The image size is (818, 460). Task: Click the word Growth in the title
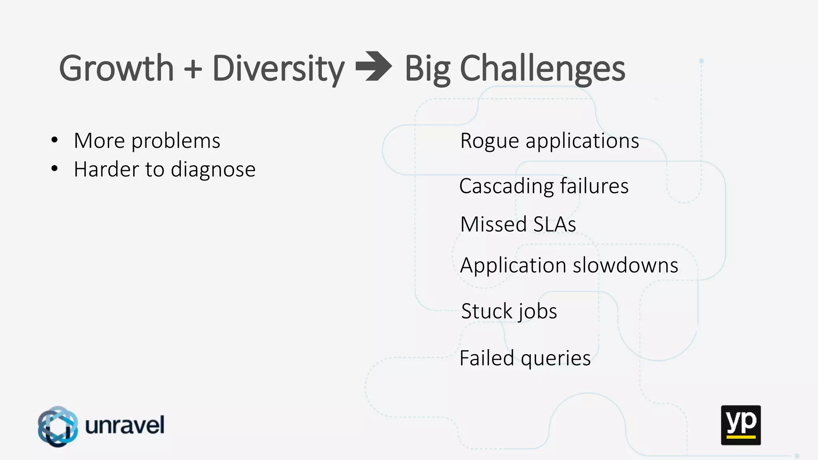click(x=116, y=69)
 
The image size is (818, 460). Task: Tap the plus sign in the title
click(x=193, y=69)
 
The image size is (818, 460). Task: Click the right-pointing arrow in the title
click(x=373, y=66)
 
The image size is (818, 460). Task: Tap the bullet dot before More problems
click(x=55, y=141)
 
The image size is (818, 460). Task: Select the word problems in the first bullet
click(x=176, y=141)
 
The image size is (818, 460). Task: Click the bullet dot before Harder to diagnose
click(x=55, y=169)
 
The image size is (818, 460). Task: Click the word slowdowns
click(x=625, y=265)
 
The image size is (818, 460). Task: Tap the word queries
click(x=556, y=359)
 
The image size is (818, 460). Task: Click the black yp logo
click(x=741, y=425)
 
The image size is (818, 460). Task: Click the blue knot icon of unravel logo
click(x=58, y=426)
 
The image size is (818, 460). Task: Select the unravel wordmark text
click(x=125, y=425)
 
